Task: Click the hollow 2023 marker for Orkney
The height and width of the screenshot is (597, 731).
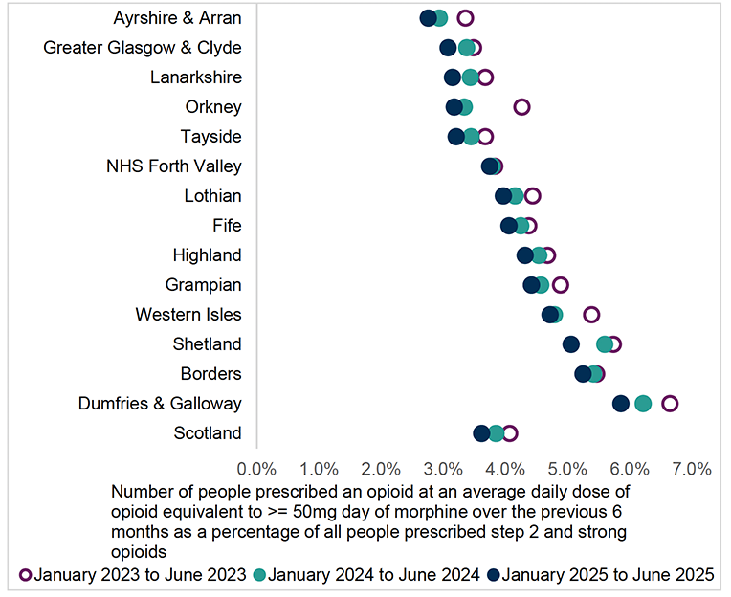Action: coord(521,107)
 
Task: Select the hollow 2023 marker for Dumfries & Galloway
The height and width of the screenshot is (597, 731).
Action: coord(670,404)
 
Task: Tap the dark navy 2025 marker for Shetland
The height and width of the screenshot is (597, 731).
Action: coord(571,344)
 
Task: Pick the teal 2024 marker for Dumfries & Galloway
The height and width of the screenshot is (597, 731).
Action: coord(643,404)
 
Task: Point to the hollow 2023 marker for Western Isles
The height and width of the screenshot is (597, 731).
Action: coord(591,315)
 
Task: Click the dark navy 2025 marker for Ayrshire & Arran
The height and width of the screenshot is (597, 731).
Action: coord(429,18)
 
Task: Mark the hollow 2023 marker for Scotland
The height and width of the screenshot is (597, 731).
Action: coord(510,433)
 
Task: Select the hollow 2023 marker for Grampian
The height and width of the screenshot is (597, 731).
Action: coord(561,285)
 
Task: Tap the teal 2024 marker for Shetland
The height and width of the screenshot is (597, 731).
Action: coord(605,344)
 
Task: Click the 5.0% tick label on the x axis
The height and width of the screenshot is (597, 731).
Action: coord(567,469)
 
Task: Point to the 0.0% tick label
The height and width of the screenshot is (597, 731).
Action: coord(256,469)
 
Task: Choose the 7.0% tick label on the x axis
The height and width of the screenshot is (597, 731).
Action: coord(692,469)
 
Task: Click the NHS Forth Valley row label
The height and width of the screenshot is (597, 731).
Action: coord(174,166)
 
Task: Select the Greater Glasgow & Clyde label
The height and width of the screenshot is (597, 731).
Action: coord(143,48)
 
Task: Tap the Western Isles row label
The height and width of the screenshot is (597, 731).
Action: coord(188,315)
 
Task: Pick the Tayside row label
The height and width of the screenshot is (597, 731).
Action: coord(211,137)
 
